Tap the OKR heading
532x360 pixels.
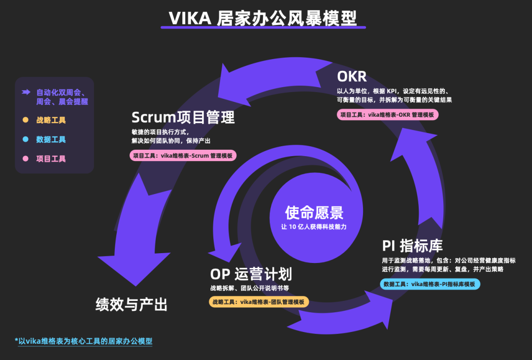(x=353, y=77)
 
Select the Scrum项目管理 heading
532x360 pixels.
(x=183, y=117)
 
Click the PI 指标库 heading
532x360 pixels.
(x=412, y=246)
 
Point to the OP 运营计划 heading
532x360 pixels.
(x=251, y=274)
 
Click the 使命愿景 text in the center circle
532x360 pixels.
(x=314, y=213)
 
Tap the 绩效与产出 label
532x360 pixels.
(x=132, y=304)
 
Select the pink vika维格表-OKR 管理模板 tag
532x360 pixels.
(x=388, y=114)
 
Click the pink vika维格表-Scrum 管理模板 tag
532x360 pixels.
(x=183, y=156)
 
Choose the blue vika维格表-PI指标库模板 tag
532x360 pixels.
(x=430, y=284)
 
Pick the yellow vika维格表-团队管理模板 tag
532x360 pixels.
(x=259, y=302)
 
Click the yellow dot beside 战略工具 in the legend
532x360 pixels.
(x=25, y=120)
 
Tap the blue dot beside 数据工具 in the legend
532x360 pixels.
(x=25, y=139)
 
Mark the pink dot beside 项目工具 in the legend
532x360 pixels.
(x=25, y=159)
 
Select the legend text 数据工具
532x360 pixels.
(x=51, y=139)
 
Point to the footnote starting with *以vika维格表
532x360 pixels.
(x=83, y=341)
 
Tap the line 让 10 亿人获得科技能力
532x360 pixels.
(x=314, y=228)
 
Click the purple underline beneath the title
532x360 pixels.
(x=263, y=27)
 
